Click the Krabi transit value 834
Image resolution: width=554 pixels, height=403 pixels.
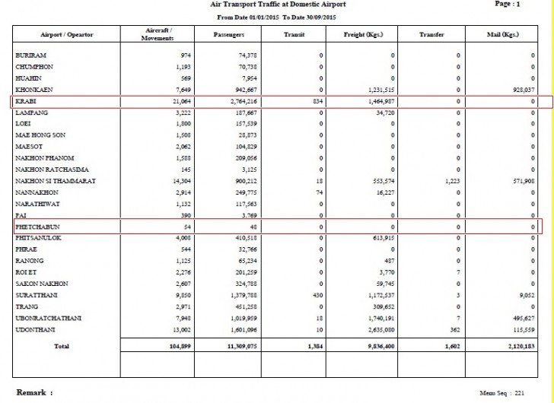[x=317, y=100]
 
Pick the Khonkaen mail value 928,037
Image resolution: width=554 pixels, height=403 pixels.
[x=521, y=90]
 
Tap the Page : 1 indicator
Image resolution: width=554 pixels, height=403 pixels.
[x=508, y=5]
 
